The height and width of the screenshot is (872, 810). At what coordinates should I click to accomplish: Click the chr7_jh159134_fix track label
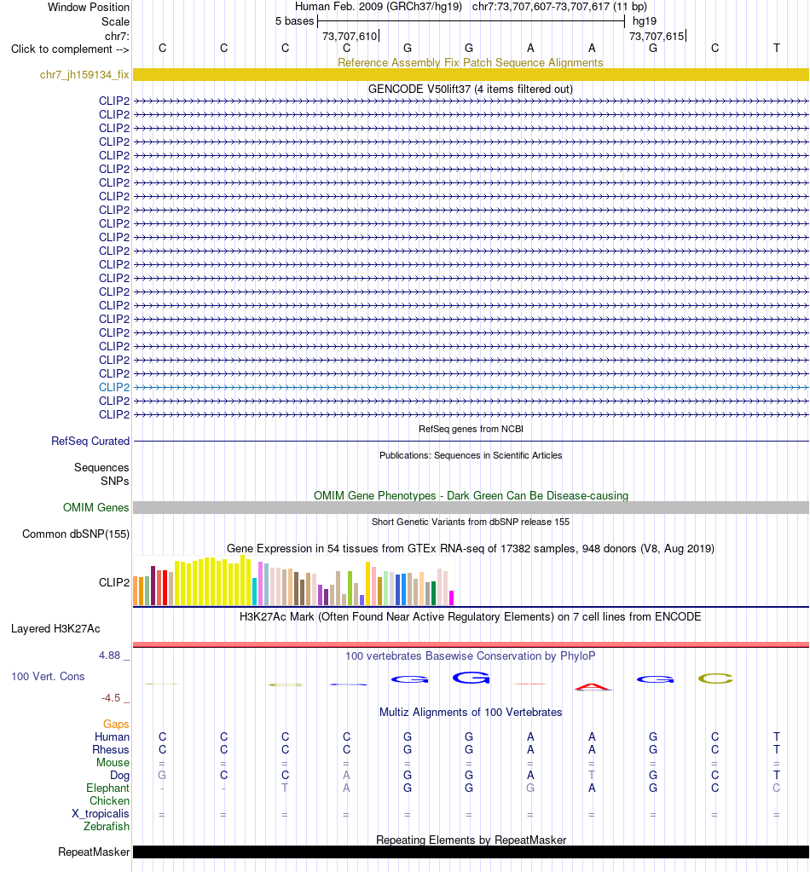(84, 74)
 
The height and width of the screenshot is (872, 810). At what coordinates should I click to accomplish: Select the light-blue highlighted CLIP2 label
(114, 387)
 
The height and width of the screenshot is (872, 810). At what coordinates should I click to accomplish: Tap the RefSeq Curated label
(90, 441)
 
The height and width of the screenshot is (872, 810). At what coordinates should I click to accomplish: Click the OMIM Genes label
(95, 507)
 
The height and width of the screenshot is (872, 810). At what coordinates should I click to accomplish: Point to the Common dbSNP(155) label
(76, 534)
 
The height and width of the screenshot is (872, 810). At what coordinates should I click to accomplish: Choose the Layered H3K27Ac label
(55, 628)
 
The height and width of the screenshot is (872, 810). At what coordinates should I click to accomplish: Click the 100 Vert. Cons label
(48, 676)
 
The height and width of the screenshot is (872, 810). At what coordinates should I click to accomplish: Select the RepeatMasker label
(94, 852)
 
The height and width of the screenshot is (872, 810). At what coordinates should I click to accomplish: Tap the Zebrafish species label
(107, 827)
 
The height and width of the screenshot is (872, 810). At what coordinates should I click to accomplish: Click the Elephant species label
(107, 788)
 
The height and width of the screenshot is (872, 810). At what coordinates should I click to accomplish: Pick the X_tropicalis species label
(100, 813)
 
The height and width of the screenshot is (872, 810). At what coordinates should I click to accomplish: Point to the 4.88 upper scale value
(110, 655)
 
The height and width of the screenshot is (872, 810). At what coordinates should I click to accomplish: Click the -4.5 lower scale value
(111, 698)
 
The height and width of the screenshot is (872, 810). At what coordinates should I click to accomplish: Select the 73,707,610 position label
(350, 36)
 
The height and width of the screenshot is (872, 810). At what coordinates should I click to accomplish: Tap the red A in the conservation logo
(593, 687)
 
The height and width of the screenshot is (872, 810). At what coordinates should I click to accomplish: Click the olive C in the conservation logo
(715, 679)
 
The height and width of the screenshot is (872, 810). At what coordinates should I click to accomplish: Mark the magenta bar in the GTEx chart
(451, 598)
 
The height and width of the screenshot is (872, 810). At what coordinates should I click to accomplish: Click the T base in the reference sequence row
(777, 49)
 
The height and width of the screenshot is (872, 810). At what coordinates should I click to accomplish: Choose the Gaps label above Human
(116, 724)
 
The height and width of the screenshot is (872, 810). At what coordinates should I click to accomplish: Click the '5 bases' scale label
(295, 21)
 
